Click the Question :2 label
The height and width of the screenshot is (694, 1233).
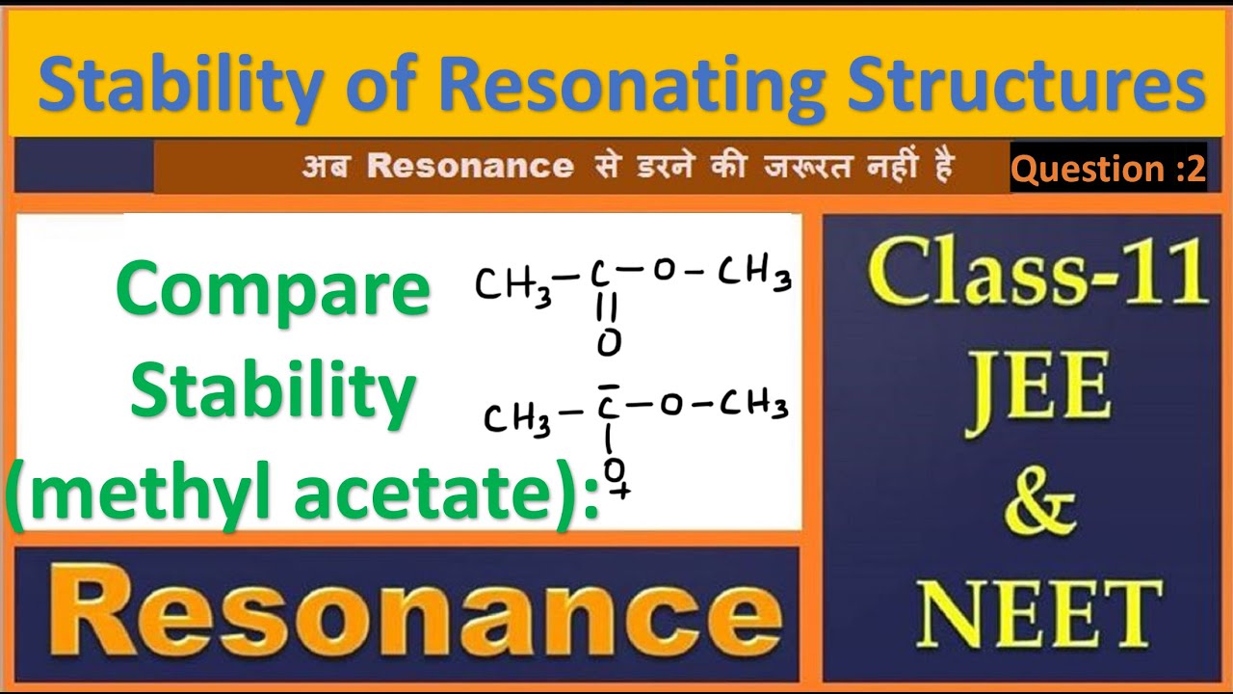pos(1108,170)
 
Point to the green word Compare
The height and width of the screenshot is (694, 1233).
pos(273,290)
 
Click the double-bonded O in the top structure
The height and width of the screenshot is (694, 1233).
pos(609,342)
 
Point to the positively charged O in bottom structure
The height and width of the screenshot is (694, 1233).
pos(614,469)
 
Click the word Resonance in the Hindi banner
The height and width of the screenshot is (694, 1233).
pos(469,168)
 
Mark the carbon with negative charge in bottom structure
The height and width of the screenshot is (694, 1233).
pos(609,406)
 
